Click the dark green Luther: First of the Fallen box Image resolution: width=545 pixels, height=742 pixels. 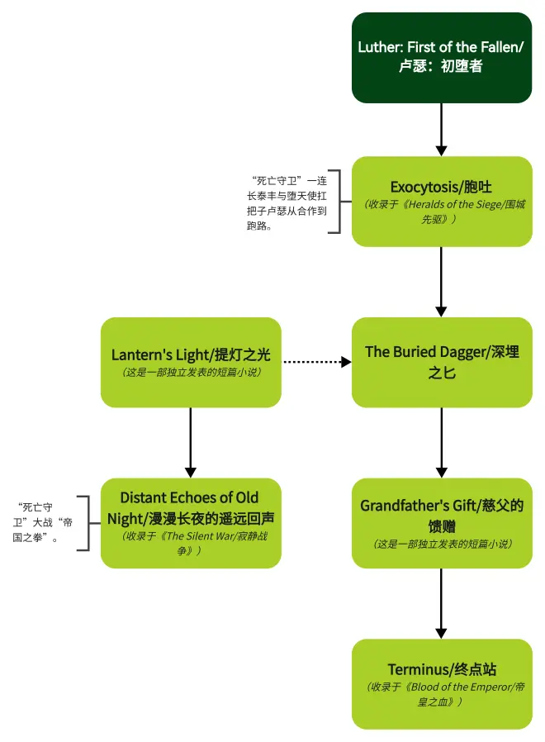point(441,57)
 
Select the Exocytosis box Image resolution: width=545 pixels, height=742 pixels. point(441,201)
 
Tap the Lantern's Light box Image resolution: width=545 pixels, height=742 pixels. point(191,362)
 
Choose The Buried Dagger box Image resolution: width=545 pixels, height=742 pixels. point(441,362)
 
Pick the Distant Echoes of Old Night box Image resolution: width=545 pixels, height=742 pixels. point(191,522)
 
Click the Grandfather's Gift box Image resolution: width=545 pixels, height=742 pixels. point(441,522)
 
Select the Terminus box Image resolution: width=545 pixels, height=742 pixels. point(441,683)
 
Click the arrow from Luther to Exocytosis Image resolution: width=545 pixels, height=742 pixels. point(441,129)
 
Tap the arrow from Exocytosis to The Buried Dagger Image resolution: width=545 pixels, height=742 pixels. point(441,281)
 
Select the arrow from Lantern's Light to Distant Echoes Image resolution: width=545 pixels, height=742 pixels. point(191,442)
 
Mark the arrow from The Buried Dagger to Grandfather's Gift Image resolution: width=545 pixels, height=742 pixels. point(441,442)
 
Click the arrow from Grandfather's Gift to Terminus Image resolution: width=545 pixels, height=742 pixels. point(441,603)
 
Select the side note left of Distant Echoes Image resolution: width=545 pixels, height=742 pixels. point(41,522)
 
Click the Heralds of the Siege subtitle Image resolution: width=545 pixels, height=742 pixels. point(441,212)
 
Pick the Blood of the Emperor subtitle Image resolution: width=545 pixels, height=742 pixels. point(441,694)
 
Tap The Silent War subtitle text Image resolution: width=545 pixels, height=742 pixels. point(191,543)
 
